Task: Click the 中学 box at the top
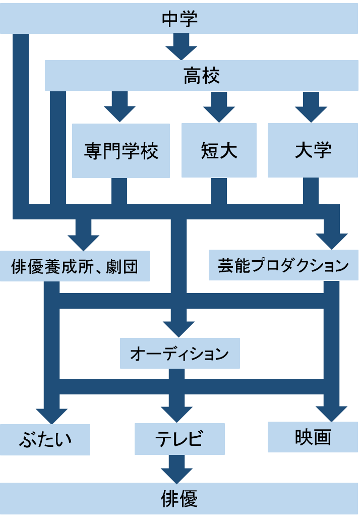click(180, 20)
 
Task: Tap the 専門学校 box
click(121, 150)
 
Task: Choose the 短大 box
click(219, 150)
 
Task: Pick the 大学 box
click(313, 150)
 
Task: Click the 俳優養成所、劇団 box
click(75, 266)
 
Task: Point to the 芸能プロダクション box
click(283, 266)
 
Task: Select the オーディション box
click(179, 354)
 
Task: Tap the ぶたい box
click(45, 439)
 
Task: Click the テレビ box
click(179, 439)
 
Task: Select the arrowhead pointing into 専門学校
click(119, 113)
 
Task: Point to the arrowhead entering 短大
click(219, 113)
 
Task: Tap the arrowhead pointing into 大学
click(311, 113)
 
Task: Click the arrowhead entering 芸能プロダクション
click(332, 241)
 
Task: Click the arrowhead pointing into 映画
click(332, 414)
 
